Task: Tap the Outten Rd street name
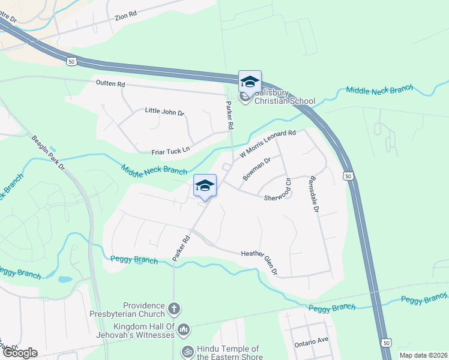point(109,84)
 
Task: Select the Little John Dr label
point(164,112)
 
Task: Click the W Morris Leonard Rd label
point(268,144)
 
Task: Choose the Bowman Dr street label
point(257,169)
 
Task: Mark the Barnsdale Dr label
point(312,194)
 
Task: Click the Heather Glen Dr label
point(259,262)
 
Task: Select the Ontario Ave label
point(311,340)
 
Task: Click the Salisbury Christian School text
point(285,97)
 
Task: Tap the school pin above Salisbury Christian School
point(250,82)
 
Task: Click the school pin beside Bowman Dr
point(205,185)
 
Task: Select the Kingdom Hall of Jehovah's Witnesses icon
point(184,329)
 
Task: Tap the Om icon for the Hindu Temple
point(187,350)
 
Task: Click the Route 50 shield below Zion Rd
point(71,61)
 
